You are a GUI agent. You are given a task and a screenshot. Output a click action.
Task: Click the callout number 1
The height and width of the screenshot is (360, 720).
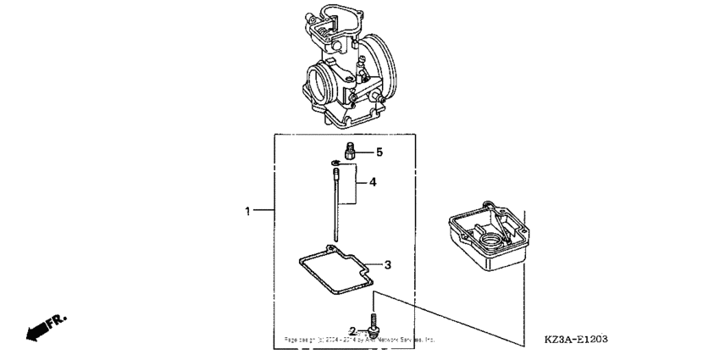pos(247,210)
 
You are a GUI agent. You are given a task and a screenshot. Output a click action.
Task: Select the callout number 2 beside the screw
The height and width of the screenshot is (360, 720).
pos(352,330)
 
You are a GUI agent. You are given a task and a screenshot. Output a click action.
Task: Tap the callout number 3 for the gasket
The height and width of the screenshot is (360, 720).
pos(387,265)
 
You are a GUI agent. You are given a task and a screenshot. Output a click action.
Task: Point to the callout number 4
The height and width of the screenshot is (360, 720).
pos(372,182)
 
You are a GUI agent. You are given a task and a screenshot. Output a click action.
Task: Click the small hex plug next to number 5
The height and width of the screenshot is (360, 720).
pos(349,152)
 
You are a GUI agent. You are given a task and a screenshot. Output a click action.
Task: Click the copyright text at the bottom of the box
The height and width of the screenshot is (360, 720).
pos(359,338)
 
